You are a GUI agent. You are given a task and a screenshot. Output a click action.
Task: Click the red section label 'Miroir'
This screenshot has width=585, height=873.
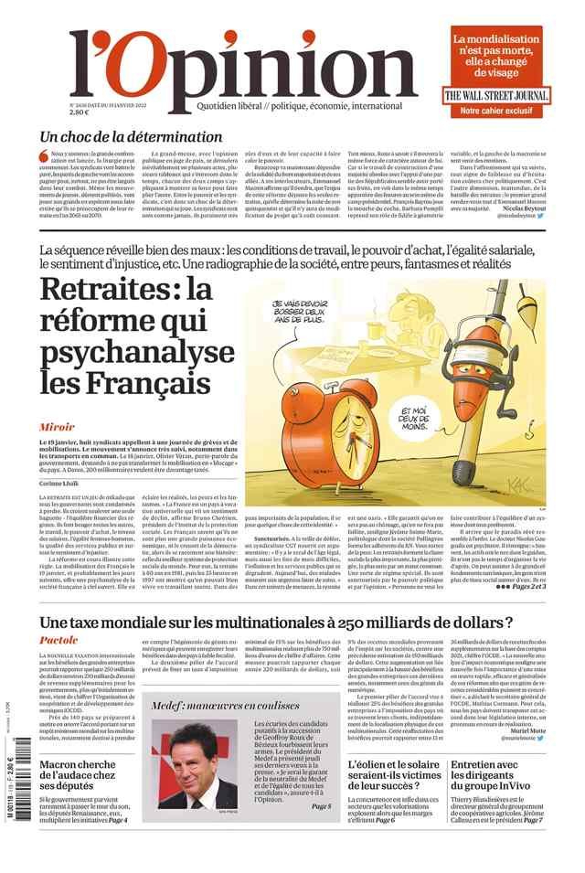(57, 427)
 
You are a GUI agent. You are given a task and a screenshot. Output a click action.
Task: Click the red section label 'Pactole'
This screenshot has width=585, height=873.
(58, 641)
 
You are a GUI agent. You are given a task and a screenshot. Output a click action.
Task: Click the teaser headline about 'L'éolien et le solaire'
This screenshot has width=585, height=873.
(394, 775)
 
